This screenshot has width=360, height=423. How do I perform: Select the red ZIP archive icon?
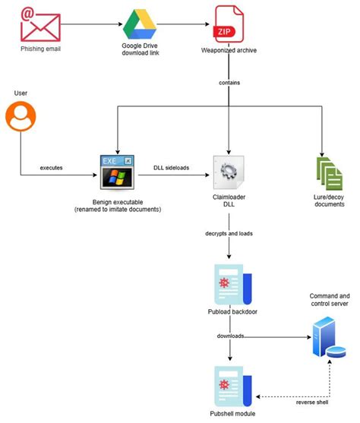click(229, 23)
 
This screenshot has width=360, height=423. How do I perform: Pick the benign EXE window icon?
click(117, 173)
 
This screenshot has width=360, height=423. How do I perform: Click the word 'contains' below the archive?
click(229, 80)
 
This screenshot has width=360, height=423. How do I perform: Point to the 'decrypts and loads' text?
click(229, 235)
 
